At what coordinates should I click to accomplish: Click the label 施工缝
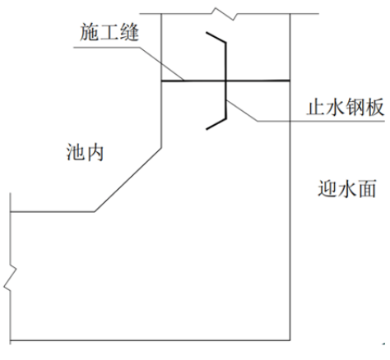[x=109, y=32]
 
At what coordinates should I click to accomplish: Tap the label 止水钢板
[x=345, y=107]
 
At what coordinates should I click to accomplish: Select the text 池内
[x=85, y=152]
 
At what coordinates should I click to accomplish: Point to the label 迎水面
[x=346, y=188]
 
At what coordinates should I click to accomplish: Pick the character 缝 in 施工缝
[x=129, y=32]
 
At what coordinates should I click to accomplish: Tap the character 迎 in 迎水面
[x=327, y=188]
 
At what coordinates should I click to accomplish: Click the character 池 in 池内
[x=76, y=152]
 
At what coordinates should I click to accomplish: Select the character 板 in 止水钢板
[x=374, y=107]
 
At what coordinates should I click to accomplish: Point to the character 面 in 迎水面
[x=367, y=188]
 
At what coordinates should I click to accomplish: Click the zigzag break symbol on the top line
[x=225, y=14]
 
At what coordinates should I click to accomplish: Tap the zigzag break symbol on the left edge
[x=11, y=279]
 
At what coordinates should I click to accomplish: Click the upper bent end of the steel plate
[x=216, y=37]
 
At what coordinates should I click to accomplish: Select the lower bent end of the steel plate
[x=216, y=124]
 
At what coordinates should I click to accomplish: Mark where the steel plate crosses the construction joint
[x=225, y=81]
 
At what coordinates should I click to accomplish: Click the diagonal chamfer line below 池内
[x=128, y=180]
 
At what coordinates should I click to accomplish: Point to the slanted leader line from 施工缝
[x=161, y=64]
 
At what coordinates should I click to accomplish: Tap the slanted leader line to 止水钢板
[x=242, y=111]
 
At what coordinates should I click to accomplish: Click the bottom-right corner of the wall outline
[x=290, y=340]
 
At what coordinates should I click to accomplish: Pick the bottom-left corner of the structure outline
[x=11, y=341]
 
